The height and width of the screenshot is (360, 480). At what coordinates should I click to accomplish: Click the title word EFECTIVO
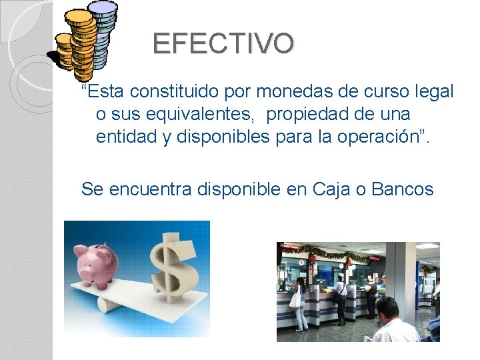click(223, 44)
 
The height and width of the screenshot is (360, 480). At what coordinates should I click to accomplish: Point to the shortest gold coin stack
click(65, 51)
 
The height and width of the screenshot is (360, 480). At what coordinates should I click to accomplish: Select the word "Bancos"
click(403, 189)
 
